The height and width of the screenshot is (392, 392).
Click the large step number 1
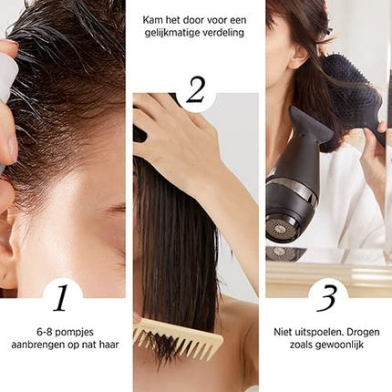coord(60,298)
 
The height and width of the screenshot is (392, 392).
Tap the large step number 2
coord(195,90)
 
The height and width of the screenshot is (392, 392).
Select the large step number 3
coord(326,298)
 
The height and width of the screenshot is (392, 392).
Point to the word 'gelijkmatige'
coord(172,33)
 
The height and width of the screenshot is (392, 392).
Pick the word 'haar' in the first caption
coord(108,345)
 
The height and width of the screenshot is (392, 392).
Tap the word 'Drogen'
coord(364,333)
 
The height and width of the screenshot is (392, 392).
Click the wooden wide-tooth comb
coord(179,335)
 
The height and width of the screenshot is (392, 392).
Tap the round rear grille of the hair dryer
coord(279,226)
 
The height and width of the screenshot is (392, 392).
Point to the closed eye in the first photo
coord(117,209)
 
